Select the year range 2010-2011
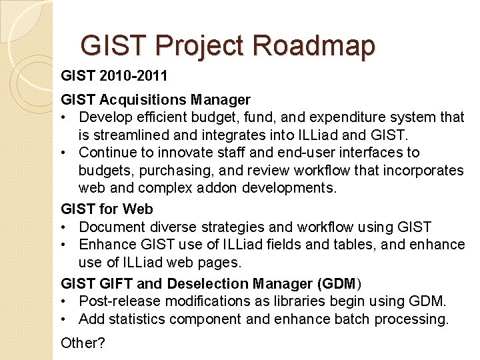click(133, 74)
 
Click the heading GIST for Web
click(107, 209)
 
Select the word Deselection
click(212, 283)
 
